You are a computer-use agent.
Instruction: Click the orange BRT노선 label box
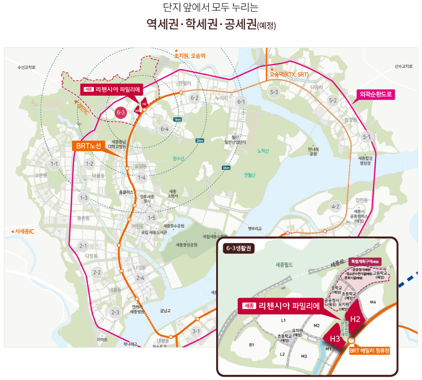88,146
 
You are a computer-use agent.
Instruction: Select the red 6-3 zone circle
121,113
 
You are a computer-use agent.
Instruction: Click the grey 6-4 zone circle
164,129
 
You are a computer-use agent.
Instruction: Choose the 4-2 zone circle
335,206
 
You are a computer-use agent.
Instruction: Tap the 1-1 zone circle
54,164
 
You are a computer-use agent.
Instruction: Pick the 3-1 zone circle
196,331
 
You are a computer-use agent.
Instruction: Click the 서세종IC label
22,232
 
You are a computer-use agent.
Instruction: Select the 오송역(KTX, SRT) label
289,75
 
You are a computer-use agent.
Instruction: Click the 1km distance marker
177,119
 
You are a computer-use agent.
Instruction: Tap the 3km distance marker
226,168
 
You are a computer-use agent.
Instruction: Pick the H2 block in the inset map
355,319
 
